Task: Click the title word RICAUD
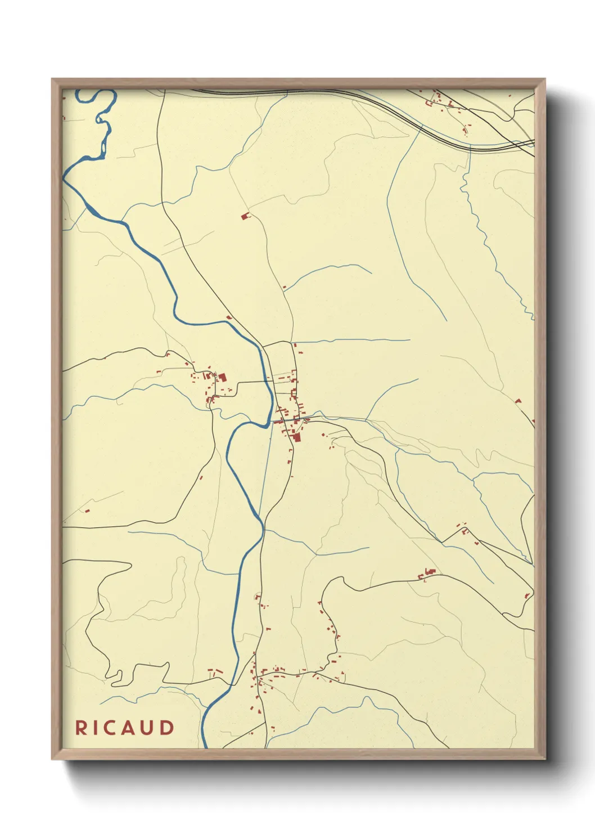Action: tap(125, 727)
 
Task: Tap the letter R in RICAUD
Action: tap(81, 727)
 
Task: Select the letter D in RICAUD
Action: tap(168, 727)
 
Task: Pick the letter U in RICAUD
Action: tap(149, 727)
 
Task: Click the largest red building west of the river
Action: tap(222, 377)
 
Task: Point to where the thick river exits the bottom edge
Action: tap(205, 746)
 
